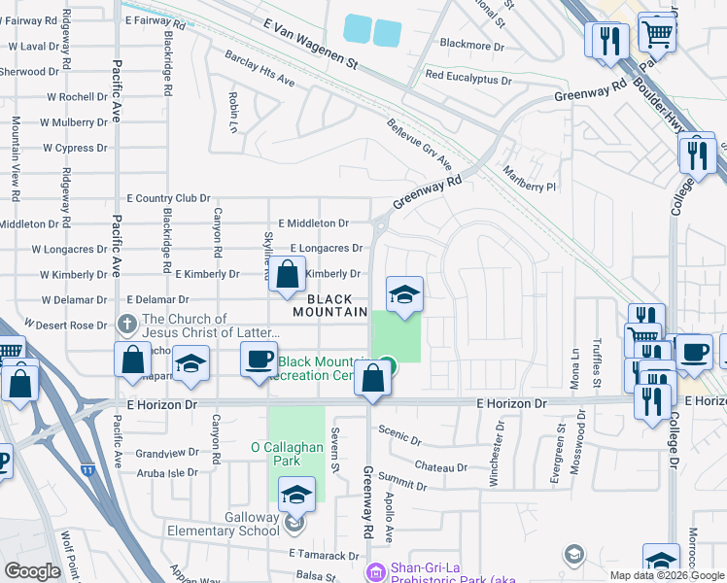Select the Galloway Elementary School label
[x=225, y=524]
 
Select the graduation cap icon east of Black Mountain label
[x=404, y=294]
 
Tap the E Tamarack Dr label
[x=324, y=555]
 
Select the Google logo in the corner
[x=32, y=570]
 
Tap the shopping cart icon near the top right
[x=659, y=33]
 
